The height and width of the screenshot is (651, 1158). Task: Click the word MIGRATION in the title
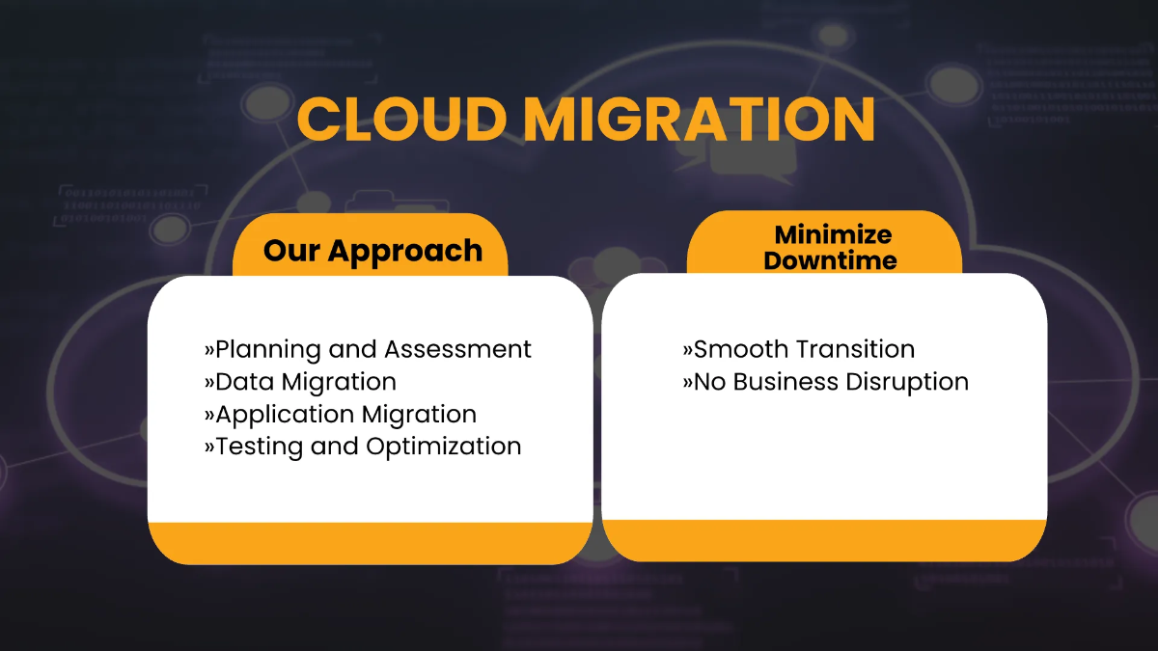point(699,120)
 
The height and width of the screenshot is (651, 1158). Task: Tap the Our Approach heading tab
point(372,251)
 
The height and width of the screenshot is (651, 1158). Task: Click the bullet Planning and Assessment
point(368,349)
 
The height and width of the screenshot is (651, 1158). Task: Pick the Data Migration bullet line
point(300,382)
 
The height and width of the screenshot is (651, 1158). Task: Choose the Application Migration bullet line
point(341,415)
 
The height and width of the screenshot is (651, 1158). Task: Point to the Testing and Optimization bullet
point(363,447)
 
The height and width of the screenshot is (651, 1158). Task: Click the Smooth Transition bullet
point(798,349)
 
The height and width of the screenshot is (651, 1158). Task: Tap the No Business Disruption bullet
point(825,382)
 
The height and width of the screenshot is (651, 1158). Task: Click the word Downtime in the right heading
point(830,260)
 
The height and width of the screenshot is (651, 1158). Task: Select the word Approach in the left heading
point(405,252)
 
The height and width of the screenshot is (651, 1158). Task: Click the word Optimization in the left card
point(444,447)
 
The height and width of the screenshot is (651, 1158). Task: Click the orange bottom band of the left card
point(370,542)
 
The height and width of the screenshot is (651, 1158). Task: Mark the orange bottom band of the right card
point(824,539)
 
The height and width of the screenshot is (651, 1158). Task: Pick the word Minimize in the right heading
point(833,234)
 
